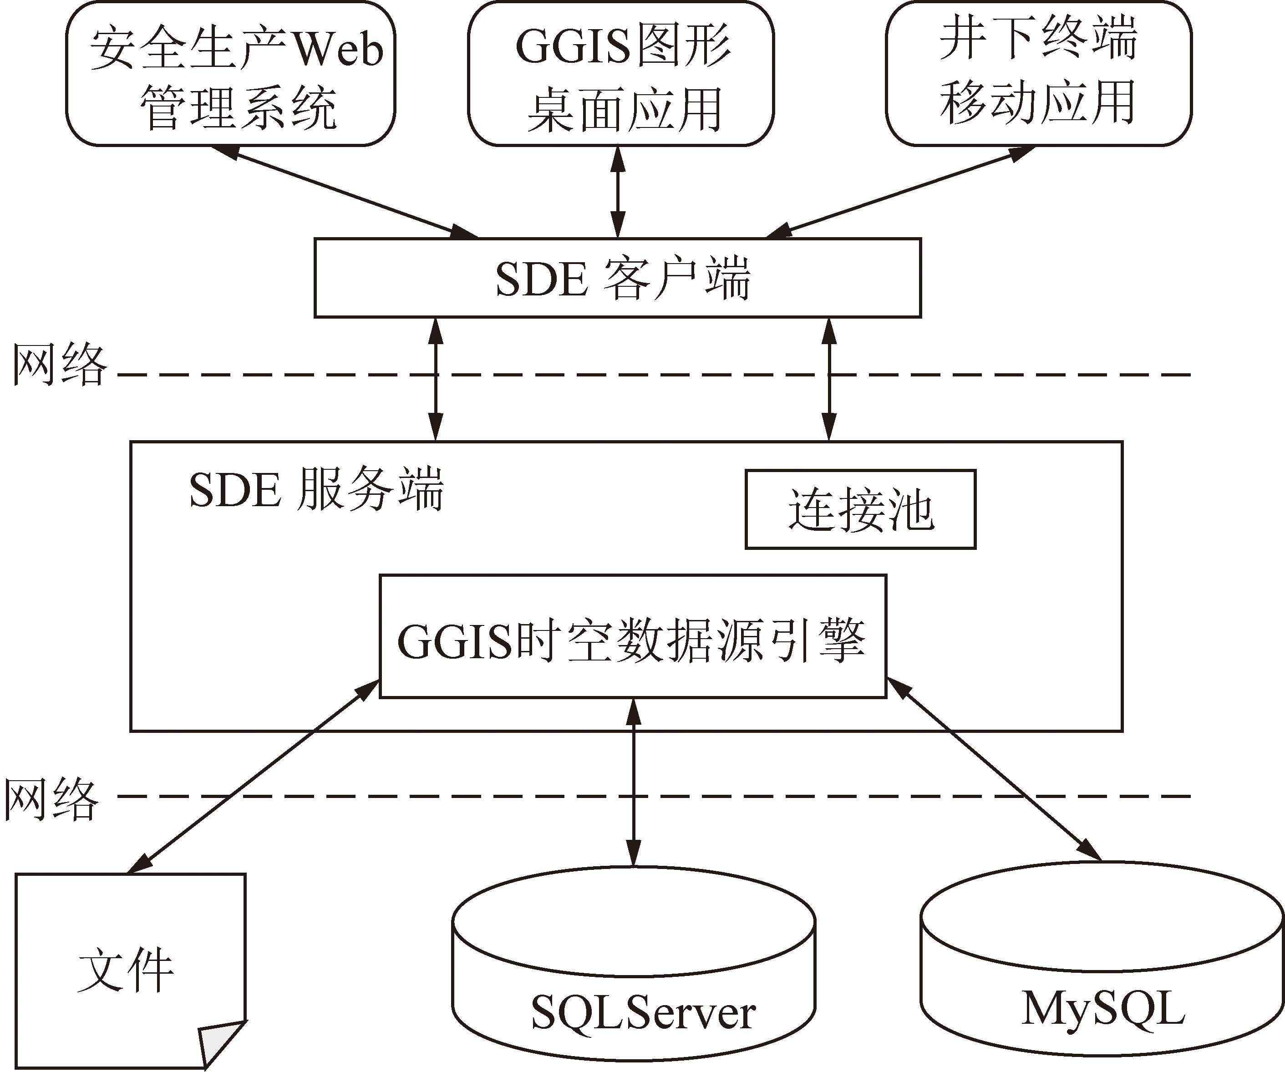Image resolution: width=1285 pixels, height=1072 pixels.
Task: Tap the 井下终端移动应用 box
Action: (1038, 73)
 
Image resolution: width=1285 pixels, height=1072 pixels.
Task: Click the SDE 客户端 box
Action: (617, 278)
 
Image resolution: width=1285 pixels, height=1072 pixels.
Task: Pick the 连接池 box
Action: (860, 509)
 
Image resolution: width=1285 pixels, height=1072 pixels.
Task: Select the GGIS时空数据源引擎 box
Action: (633, 636)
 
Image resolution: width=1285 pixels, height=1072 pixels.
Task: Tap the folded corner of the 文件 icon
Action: (222, 1043)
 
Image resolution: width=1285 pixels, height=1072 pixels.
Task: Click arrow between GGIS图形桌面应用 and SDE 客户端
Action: (618, 192)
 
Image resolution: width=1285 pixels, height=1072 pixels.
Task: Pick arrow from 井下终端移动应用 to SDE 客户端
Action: (899, 192)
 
